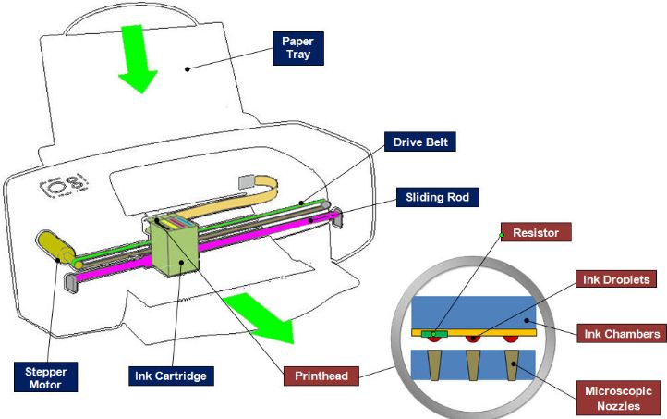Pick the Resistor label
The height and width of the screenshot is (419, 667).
(535, 233)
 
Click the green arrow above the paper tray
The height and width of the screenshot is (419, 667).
(136, 61)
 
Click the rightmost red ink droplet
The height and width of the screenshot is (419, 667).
(511, 339)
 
